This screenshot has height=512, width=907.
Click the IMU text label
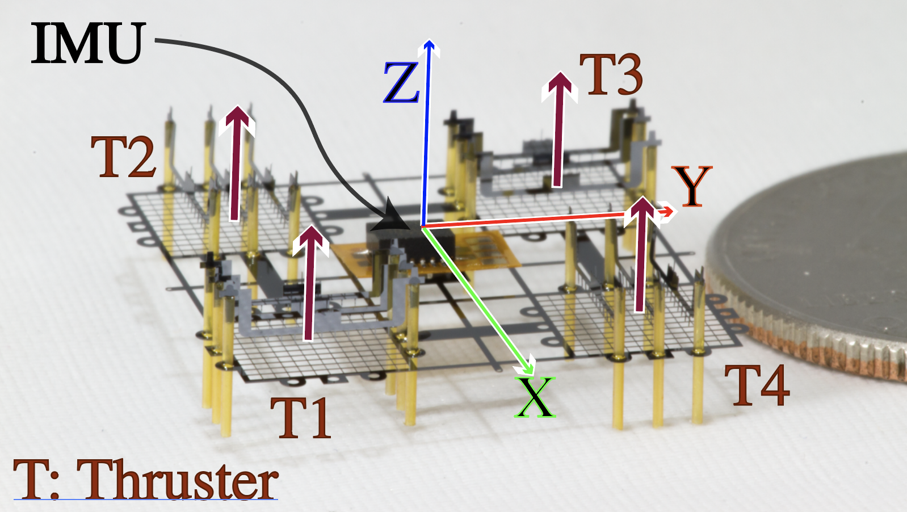pyautogui.click(x=87, y=43)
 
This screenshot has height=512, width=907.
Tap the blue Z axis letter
pyautogui.click(x=401, y=83)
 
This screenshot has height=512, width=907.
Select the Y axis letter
pyautogui.click(x=691, y=186)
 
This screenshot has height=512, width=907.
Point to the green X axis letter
pyautogui.click(x=535, y=397)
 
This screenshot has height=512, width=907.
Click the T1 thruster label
pyautogui.click(x=300, y=418)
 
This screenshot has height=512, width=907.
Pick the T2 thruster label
pyautogui.click(x=124, y=157)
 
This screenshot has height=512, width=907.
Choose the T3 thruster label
pyautogui.click(x=611, y=75)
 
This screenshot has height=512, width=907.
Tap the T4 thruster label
pyautogui.click(x=757, y=385)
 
